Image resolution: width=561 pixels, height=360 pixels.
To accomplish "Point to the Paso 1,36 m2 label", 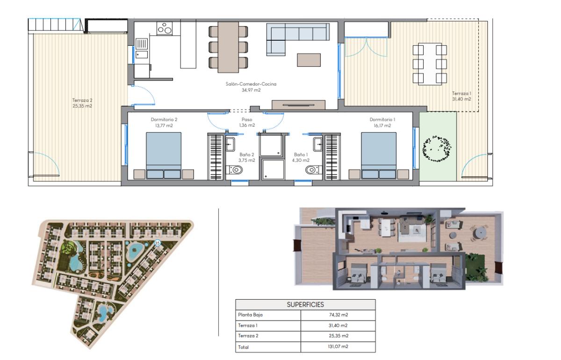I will [x=246, y=122].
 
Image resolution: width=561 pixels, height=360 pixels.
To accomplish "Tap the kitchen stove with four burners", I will [x=165, y=29].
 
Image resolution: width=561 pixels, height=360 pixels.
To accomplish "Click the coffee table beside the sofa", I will [x=309, y=60].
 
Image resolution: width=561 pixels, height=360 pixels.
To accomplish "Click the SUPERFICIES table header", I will [x=305, y=304].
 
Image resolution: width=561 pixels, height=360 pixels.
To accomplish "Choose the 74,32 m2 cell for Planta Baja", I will [x=338, y=315].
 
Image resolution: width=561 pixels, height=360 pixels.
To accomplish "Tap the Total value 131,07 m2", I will [x=338, y=347].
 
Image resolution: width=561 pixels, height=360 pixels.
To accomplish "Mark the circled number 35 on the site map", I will [x=157, y=243].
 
